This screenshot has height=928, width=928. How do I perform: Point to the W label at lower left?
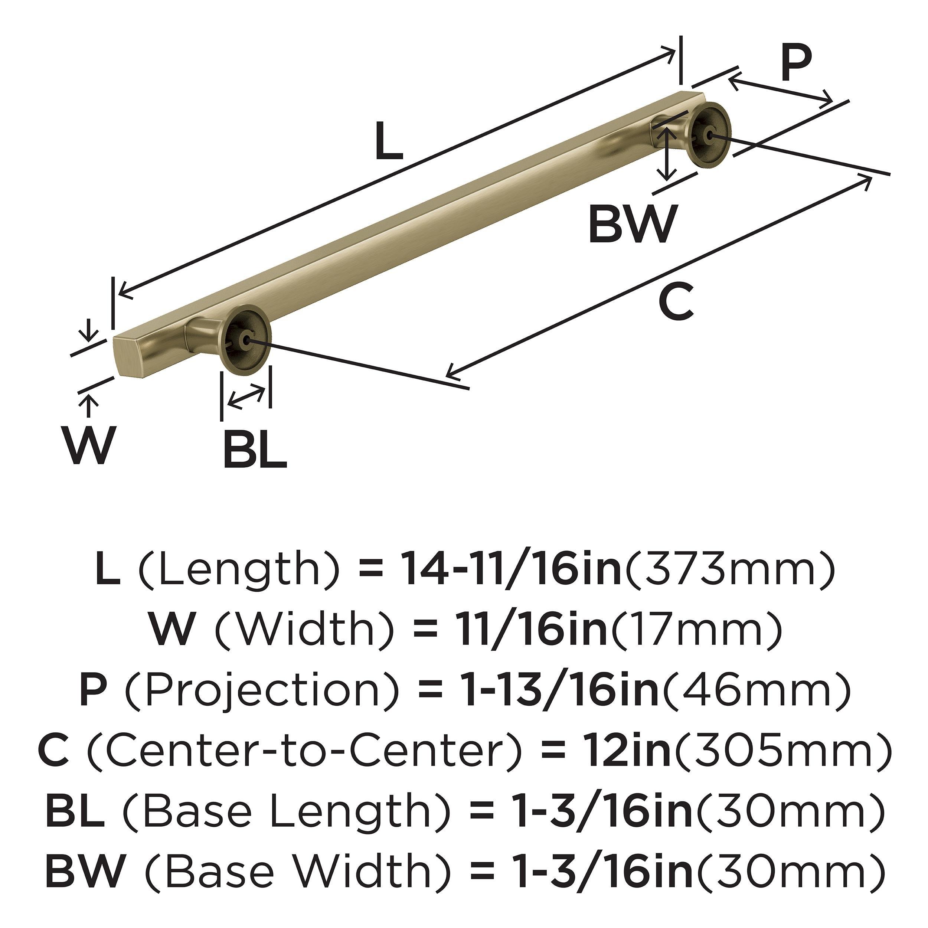click(89, 446)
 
